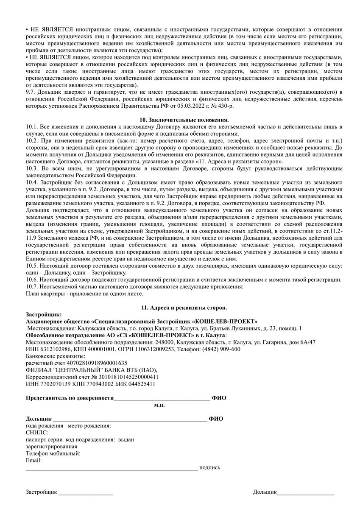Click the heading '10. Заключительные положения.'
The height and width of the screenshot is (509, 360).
coord(184,120)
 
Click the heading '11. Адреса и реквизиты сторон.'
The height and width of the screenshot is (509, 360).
coord(184,307)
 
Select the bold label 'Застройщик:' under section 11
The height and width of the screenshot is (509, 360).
coord(44,314)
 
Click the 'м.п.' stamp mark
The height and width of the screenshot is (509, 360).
coord(159,405)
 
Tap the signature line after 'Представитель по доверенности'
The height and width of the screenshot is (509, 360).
coord(162,399)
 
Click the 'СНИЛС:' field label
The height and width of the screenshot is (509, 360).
coord(37,433)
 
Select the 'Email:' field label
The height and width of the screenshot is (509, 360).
coord(34,460)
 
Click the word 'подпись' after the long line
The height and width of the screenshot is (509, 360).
coord(209,467)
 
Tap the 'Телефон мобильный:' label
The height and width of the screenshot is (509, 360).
coord(53,453)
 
